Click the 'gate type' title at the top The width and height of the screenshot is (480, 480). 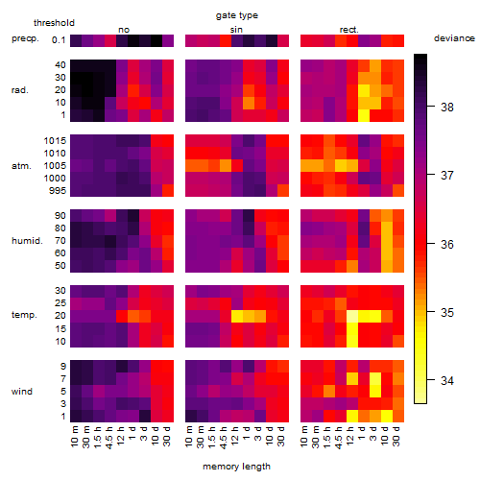click(237, 15)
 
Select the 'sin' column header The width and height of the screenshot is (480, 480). click(236, 30)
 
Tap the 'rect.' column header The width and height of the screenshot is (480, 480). click(349, 30)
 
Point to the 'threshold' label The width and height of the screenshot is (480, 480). click(54, 23)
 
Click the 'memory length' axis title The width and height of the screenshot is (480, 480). click(236, 467)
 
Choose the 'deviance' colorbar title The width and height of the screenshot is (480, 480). click(454, 38)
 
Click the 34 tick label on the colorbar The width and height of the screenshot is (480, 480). click(447, 381)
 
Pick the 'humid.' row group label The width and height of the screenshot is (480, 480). click(27, 241)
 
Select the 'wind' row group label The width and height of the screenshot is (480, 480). click(22, 392)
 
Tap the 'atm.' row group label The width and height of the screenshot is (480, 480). click(21, 166)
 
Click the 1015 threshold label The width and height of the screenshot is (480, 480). click(55, 141)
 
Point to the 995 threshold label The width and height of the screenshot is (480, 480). click(58, 191)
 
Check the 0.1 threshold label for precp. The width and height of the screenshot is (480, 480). click(59, 40)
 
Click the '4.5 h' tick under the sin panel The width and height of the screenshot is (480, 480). click(224, 437)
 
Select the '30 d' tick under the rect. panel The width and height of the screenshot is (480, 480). click(396, 437)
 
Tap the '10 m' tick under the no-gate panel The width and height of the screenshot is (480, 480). click(75, 437)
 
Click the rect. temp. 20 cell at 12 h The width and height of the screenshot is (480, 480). click(352, 316)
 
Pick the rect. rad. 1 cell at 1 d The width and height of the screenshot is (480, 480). click(364, 115)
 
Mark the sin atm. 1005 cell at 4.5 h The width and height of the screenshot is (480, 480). click(226, 165)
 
